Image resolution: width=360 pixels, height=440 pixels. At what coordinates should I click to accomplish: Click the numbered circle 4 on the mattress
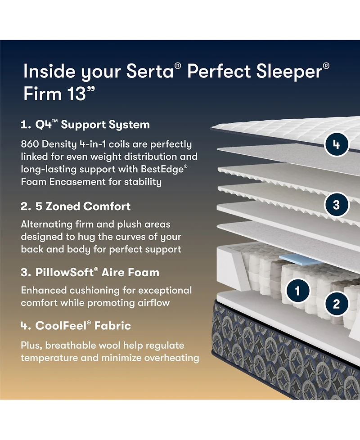tap(336, 145)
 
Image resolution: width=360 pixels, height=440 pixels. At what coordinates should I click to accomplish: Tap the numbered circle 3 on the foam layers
tap(336, 205)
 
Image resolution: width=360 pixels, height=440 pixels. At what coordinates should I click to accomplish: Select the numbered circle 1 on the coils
tap(297, 290)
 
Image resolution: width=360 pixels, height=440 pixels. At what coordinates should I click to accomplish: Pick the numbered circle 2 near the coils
tap(336, 304)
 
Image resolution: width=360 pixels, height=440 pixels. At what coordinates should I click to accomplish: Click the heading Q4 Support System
tap(85, 125)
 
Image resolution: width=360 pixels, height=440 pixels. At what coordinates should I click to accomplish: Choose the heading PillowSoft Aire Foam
tap(90, 272)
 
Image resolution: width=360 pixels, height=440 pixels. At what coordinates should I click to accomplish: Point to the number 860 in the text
tap(31, 144)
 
